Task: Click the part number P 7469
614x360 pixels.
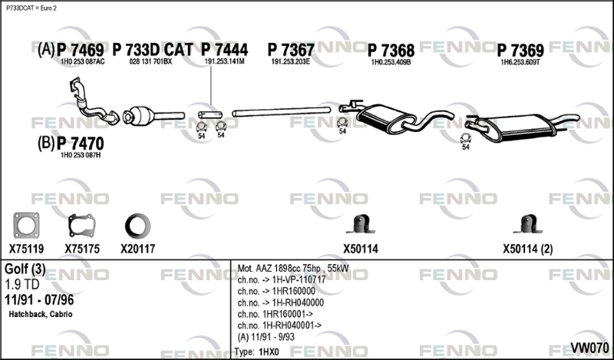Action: click(x=81, y=50)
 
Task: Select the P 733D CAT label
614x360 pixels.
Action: click(x=153, y=50)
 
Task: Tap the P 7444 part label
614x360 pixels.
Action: click(x=224, y=50)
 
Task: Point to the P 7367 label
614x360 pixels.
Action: click(x=291, y=50)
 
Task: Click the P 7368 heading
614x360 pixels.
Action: click(x=391, y=51)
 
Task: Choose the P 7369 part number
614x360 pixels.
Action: click(x=520, y=51)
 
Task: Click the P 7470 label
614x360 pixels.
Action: click(x=81, y=144)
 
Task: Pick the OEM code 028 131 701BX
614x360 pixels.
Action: click(x=150, y=61)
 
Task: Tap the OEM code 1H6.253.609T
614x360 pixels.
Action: click(x=520, y=62)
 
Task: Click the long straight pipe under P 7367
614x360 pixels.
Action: click(x=281, y=111)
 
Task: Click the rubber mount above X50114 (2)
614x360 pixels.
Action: click(x=527, y=224)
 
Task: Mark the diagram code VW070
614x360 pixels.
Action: click(x=589, y=348)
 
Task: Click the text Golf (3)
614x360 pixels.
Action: click(x=25, y=269)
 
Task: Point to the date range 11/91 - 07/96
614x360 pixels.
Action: click(x=39, y=299)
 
